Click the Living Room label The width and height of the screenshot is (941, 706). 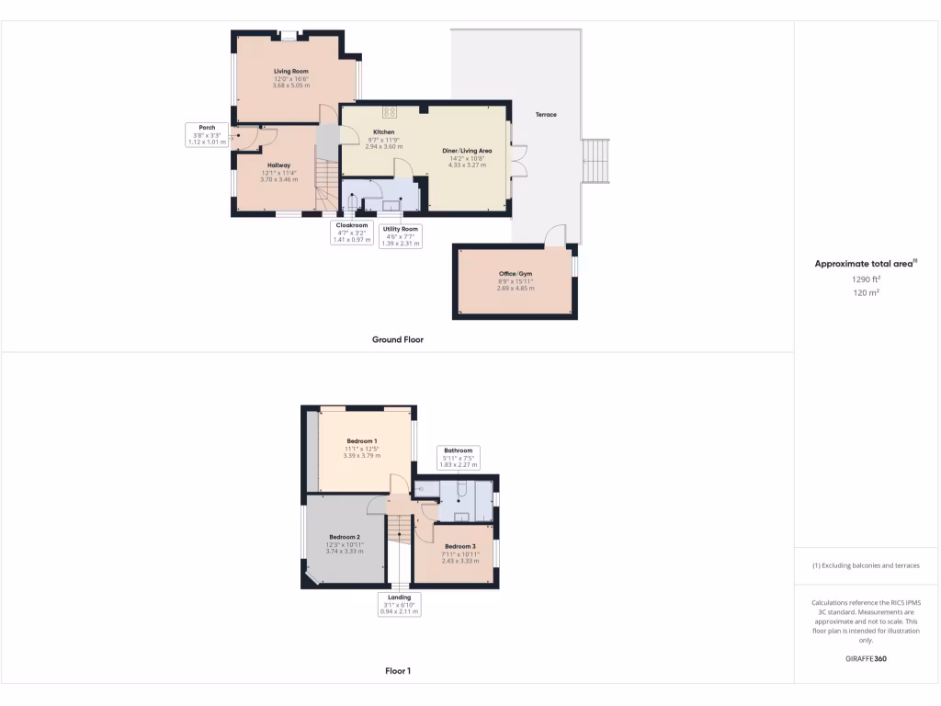click(x=291, y=71)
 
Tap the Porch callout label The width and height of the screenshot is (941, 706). click(x=207, y=128)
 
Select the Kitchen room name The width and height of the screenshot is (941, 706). click(x=383, y=131)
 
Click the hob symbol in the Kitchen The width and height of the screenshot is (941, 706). click(x=389, y=112)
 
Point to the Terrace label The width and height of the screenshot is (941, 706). click(x=546, y=114)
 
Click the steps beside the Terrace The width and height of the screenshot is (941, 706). click(x=596, y=161)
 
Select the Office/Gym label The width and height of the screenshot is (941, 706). click(x=515, y=274)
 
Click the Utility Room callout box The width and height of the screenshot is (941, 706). click(x=400, y=236)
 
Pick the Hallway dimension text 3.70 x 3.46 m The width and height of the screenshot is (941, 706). click(x=279, y=179)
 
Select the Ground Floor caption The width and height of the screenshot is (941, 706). click(x=397, y=339)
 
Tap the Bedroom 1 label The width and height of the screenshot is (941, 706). click(x=361, y=440)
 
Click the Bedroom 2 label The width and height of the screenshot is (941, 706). click(x=345, y=536)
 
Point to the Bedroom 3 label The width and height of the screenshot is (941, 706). click(x=460, y=546)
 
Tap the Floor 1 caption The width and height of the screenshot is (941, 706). click(x=397, y=671)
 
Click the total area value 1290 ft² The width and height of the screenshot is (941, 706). click(x=865, y=279)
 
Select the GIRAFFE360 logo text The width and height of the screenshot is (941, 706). click(x=866, y=659)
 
